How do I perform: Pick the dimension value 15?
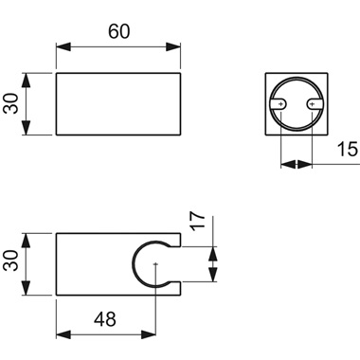point(346,150)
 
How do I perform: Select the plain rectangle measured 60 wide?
point(119,102)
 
